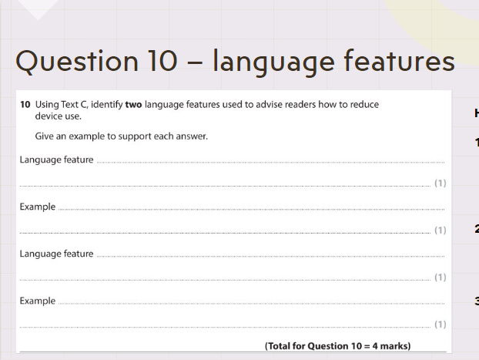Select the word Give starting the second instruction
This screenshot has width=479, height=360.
point(44,136)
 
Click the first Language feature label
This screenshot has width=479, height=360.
point(56,160)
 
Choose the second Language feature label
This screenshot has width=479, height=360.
point(56,254)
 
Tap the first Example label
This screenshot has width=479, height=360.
point(38,207)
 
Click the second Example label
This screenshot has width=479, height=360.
point(38,301)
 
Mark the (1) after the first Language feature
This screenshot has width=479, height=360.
point(440,183)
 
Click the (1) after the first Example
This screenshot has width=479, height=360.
point(440,230)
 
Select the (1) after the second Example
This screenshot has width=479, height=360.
point(440,324)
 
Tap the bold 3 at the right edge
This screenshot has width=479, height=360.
point(477,301)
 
